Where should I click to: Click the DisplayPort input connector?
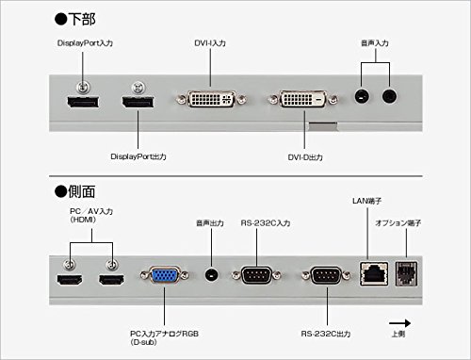(83, 103)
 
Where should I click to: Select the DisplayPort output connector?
(138, 103)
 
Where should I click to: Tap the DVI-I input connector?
(211, 99)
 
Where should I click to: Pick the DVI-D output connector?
(303, 99)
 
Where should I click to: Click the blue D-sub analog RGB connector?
(164, 275)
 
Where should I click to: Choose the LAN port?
(374, 273)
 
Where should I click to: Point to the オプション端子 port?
(406, 273)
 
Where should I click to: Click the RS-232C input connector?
(256, 275)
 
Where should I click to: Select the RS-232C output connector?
(326, 275)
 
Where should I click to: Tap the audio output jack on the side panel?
(211, 275)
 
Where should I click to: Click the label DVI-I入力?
(210, 43)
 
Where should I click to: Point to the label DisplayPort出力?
(138, 156)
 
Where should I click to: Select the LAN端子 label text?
(366, 201)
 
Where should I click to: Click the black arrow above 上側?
(399, 323)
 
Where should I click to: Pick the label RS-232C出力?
(326, 334)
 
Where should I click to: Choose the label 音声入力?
(375, 43)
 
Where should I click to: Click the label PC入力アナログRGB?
(164, 334)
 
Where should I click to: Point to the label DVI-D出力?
(305, 157)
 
